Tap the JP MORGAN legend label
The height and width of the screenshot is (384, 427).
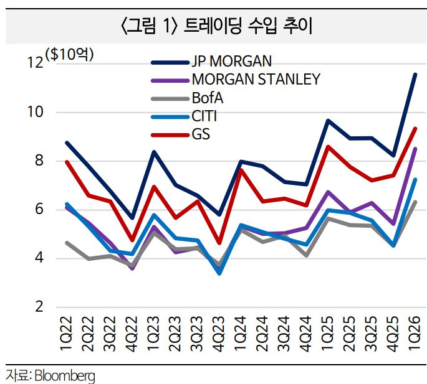point(232,62)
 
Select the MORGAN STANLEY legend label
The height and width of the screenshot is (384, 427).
point(256,80)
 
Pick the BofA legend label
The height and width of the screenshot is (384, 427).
point(208,98)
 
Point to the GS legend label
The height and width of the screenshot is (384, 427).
point(201,134)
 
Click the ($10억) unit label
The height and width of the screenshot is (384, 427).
point(69,54)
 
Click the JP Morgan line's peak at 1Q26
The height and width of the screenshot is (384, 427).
point(415,75)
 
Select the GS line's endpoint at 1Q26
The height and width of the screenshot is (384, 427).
point(415,129)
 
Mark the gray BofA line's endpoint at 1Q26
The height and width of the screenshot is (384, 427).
point(415,202)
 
